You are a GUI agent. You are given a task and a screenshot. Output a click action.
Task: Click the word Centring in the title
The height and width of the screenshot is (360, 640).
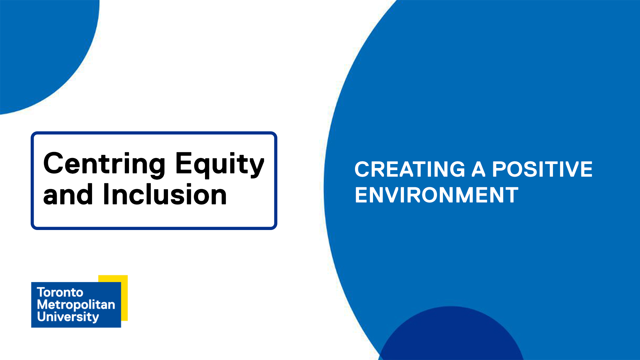tap(104, 164)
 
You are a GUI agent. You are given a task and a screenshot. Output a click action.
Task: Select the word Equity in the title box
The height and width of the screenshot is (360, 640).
tap(220, 164)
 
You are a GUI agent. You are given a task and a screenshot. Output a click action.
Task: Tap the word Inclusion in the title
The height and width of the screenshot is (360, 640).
tap(165, 195)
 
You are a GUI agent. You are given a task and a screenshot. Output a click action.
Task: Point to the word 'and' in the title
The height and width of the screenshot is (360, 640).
tap(68, 195)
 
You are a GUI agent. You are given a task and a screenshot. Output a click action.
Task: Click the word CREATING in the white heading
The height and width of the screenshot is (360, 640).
tap(410, 169)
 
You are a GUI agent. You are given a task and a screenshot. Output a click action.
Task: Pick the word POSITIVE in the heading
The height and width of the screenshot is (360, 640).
tap(542, 169)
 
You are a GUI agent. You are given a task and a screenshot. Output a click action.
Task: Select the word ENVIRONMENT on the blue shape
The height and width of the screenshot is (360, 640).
tap(437, 195)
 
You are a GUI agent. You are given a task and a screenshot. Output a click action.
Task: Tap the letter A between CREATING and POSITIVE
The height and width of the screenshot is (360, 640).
tap(479, 169)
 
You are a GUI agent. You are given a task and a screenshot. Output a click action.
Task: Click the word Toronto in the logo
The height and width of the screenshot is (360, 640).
tap(60, 292)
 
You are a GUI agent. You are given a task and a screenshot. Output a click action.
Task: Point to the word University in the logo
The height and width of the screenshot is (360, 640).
tap(68, 317)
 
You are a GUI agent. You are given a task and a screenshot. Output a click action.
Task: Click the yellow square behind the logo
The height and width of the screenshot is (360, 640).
tap(124, 298)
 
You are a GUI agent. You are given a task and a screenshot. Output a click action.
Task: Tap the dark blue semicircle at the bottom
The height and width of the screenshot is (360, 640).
tap(451, 335)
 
